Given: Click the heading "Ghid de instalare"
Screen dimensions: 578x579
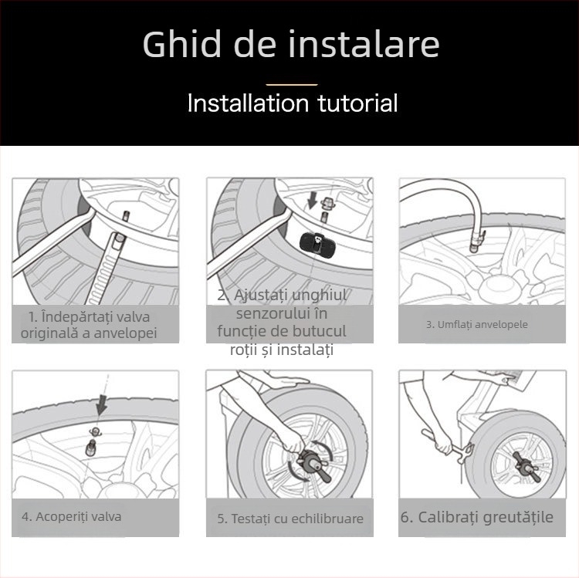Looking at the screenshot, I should [x=291, y=45].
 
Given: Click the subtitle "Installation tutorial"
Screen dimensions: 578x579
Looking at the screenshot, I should [x=292, y=103].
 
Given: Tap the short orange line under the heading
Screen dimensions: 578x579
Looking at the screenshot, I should [x=291, y=83].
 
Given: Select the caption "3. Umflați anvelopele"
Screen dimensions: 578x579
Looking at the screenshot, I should [x=476, y=324].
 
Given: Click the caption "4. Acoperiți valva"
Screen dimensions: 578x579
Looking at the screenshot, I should [x=72, y=516].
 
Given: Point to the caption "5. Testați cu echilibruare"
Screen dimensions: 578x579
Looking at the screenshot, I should [x=289, y=519].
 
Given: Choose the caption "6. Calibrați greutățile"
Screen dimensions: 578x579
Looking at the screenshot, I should [x=476, y=517].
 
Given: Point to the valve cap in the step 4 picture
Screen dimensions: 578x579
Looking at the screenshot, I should [x=93, y=432].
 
